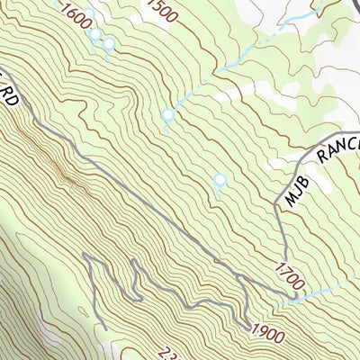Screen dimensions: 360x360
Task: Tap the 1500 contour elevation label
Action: (x=161, y=13)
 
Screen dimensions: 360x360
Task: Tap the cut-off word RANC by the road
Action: (x=339, y=148)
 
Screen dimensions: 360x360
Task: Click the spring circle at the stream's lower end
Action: (x=167, y=115)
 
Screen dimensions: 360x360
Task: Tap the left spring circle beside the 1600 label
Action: (x=94, y=34)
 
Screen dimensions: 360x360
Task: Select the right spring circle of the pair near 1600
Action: (x=109, y=44)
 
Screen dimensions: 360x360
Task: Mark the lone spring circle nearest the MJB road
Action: (x=220, y=181)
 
